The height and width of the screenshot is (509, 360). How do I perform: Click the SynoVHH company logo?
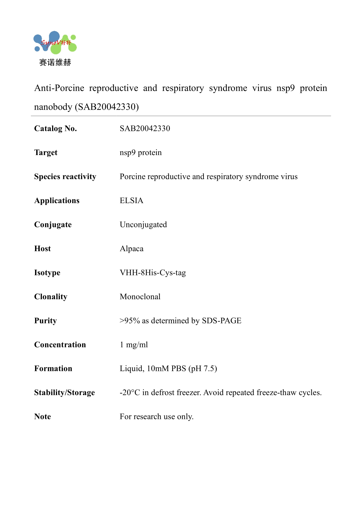55,43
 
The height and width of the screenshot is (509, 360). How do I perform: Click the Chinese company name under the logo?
55,63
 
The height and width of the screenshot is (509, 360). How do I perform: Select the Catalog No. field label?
55,128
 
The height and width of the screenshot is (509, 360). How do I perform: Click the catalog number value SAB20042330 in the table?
145,128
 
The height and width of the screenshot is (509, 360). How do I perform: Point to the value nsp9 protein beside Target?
141,153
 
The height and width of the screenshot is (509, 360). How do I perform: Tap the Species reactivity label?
65,177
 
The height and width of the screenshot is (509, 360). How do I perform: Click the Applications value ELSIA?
131,201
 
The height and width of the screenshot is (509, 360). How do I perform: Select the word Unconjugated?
143,225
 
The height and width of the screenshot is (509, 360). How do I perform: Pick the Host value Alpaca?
131,249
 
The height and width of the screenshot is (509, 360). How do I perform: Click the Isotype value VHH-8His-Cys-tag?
153,273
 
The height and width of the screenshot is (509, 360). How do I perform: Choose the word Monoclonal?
140,297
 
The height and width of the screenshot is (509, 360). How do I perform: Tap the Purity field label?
45,321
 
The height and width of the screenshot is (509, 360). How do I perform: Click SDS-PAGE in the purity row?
222,321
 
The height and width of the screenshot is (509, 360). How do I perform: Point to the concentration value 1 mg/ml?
134,345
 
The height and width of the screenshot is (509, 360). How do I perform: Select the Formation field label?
53,368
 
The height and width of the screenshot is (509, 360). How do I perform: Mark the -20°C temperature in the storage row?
130,393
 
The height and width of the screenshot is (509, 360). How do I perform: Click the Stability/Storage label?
64,393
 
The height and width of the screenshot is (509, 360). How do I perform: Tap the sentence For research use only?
157,417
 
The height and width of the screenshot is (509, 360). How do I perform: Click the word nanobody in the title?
53,107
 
